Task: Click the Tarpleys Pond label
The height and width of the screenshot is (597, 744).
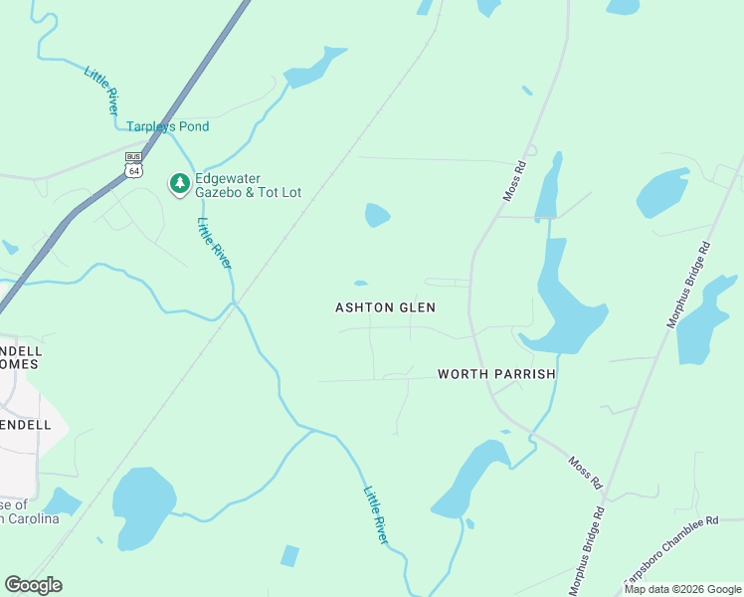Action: [167, 126]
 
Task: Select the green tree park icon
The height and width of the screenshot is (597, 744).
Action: [180, 183]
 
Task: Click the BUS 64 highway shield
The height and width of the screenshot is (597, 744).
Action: [133, 164]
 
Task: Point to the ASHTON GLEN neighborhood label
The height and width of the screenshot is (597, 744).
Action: [385, 308]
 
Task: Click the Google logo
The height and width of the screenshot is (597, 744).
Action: [33, 585]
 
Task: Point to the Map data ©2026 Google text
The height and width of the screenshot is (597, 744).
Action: [682, 589]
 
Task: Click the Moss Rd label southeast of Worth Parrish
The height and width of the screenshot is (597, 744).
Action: [586, 472]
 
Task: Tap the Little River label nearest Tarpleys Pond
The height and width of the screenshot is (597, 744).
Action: [100, 91]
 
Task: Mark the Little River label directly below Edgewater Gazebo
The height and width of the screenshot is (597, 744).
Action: [214, 242]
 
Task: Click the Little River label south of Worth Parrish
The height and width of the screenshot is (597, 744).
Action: [375, 514]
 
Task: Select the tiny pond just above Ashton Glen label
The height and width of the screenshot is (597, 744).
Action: [360, 284]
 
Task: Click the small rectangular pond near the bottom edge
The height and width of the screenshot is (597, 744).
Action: [289, 555]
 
